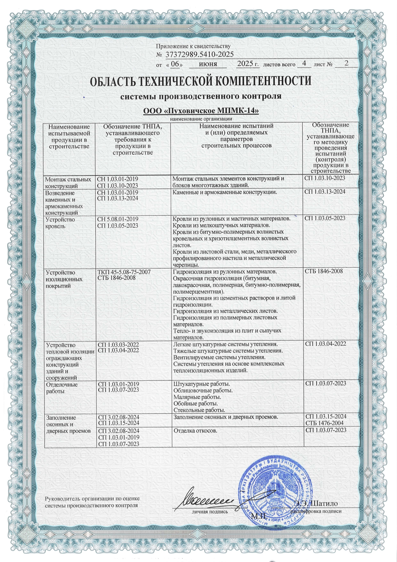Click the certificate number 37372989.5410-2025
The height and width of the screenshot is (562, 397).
(199, 54)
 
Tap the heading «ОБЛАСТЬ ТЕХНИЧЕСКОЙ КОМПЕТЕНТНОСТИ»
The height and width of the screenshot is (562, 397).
(201, 81)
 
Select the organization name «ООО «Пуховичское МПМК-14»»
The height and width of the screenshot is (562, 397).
(201, 111)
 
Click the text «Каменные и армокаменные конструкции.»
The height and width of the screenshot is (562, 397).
(224, 192)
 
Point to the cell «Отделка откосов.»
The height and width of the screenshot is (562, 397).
(195, 430)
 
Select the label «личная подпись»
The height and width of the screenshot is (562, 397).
(210, 511)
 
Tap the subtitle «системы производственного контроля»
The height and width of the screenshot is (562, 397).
(201, 96)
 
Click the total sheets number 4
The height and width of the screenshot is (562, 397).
(304, 63)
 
